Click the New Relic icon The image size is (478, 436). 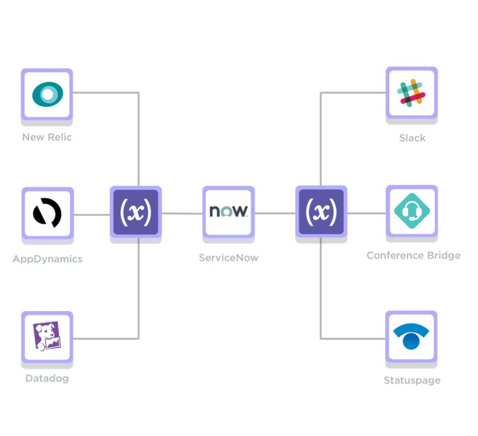tap(47, 94)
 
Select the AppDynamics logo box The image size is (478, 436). tap(47, 213)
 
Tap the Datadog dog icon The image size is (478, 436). tap(47, 336)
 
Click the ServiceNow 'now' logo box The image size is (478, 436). tap(228, 211)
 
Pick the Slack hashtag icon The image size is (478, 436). tap(411, 93)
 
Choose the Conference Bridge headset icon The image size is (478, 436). tap(411, 211)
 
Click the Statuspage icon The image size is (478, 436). tap(411, 336)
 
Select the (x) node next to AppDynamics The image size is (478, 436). tap(136, 211)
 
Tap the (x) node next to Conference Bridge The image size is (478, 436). tap(321, 211)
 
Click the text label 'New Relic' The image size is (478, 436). tap(47, 137)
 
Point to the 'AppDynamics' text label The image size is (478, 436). tap(47, 259)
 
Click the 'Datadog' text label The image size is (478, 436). tap(47, 378)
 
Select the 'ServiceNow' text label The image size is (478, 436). tap(228, 257)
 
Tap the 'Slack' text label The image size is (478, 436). tap(412, 137)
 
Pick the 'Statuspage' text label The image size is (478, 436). tap(412, 380)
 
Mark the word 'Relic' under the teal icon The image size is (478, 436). tap(60, 137)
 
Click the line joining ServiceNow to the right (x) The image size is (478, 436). tap(274, 213)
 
